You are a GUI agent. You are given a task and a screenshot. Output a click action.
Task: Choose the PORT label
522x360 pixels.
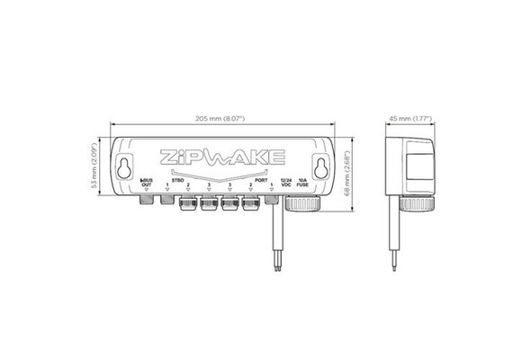pyautogui.click(x=261, y=180)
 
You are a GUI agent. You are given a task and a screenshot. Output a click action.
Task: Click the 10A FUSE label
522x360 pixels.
pyautogui.click(x=302, y=184)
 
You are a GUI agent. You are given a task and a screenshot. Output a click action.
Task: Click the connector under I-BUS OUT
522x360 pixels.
pyautogui.click(x=146, y=202)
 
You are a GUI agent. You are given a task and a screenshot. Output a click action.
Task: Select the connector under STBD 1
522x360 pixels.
pyautogui.click(x=166, y=202)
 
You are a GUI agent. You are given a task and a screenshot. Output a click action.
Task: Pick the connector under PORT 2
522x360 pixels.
pyautogui.click(x=250, y=204)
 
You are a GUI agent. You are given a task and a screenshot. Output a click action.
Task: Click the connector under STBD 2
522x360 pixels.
pyautogui.click(x=188, y=204)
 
